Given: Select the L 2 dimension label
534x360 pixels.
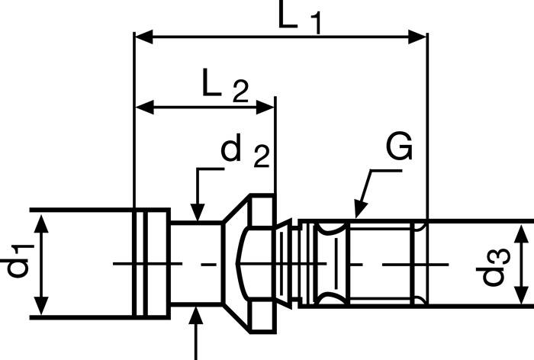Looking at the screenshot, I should coord(225,86).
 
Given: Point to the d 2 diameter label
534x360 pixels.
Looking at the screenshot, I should coord(244,153).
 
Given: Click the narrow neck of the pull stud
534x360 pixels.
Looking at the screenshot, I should coord(195,264).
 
